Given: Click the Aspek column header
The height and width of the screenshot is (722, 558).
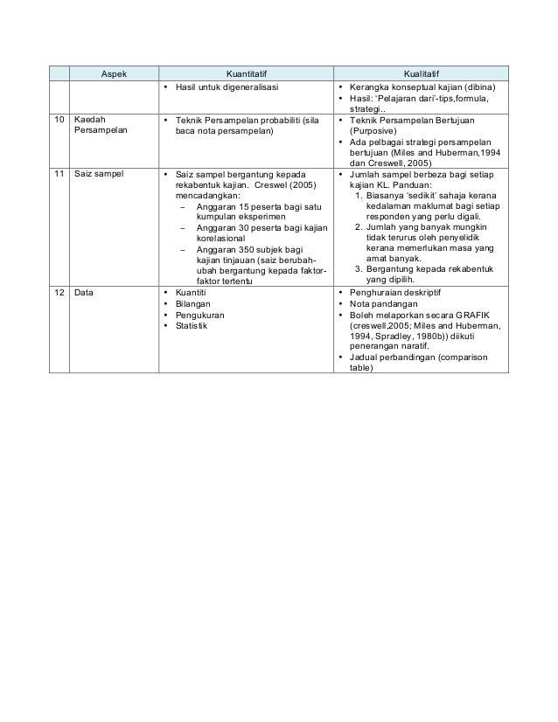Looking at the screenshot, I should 111,73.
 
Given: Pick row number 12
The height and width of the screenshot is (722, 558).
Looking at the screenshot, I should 58,294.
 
